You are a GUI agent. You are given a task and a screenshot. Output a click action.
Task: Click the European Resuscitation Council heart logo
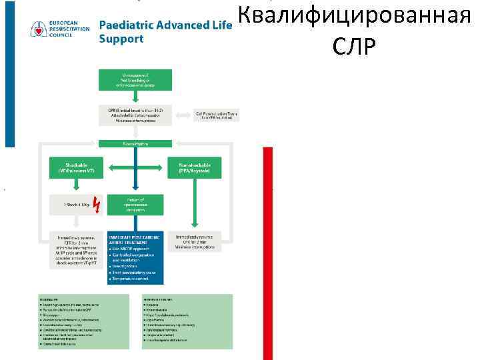click(39, 29)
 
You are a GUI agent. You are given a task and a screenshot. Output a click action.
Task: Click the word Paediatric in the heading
click(125, 25)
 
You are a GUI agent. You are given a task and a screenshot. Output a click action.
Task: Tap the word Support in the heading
click(121, 39)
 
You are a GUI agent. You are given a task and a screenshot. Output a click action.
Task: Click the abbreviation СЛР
click(353, 46)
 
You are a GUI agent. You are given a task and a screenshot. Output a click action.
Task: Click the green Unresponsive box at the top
click(135, 79)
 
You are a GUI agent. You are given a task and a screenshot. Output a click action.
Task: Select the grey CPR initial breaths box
click(135, 115)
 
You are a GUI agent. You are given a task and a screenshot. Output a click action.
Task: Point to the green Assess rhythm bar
click(135, 143)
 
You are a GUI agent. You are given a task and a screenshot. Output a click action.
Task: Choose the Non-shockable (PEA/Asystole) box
click(195, 167)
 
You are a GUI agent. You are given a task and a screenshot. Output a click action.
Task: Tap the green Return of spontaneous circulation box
click(135, 203)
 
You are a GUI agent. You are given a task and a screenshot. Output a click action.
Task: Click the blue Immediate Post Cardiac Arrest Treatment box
click(135, 257)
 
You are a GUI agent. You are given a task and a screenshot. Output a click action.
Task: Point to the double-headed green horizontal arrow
click(135, 167)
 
